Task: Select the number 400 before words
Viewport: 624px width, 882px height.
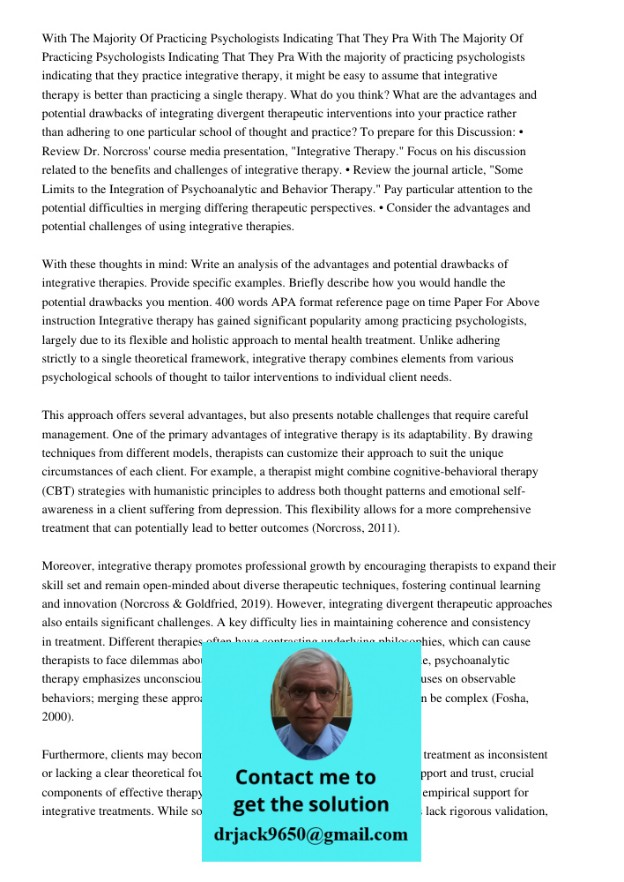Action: [x=229, y=302]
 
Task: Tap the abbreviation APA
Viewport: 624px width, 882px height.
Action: [x=294, y=302]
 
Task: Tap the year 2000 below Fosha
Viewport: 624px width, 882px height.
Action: [x=55, y=717]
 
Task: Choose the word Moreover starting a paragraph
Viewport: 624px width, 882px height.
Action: [x=68, y=566]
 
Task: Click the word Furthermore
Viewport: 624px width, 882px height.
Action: [x=74, y=755]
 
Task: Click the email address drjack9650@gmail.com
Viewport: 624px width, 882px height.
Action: [x=310, y=834]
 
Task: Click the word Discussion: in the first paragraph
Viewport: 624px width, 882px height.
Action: [x=494, y=132]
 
